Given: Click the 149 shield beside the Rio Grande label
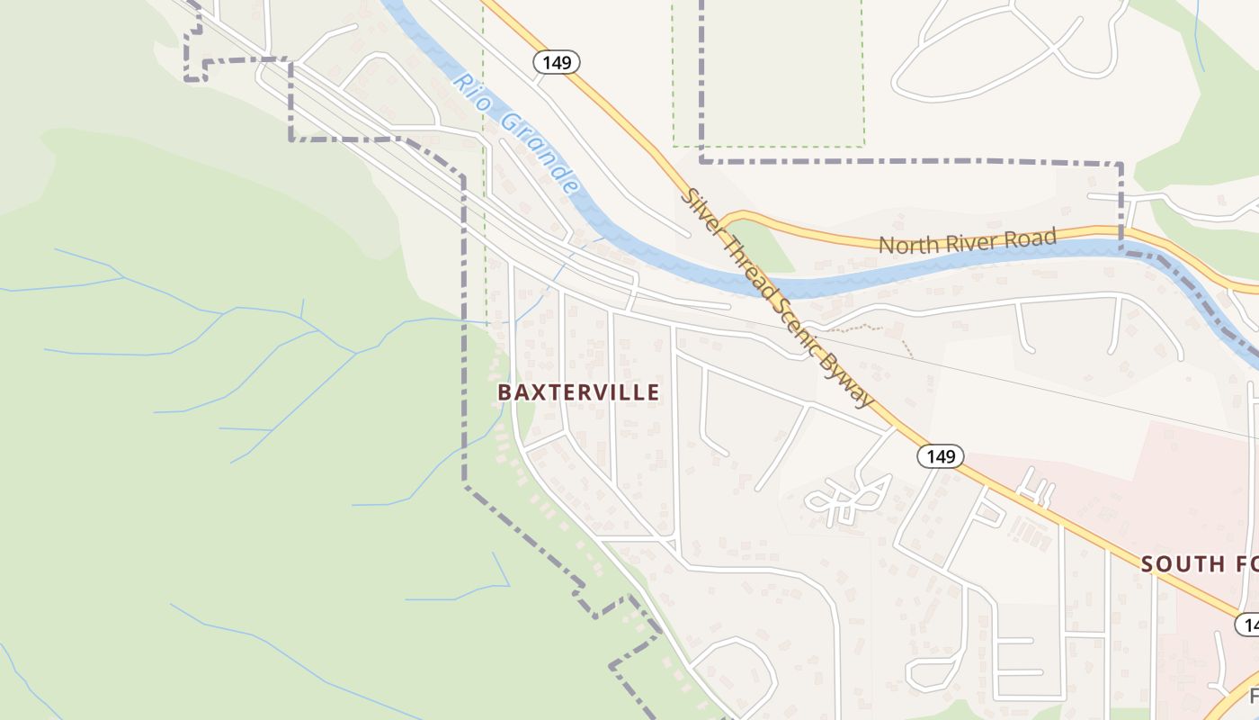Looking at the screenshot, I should point(557,62).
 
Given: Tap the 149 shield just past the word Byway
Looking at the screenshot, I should point(941,456).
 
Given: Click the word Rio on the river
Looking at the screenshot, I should point(472,91).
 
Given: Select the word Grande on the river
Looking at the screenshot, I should point(539,152).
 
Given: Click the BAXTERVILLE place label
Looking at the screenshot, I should point(578,392).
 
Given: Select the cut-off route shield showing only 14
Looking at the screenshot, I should point(1247,624).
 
